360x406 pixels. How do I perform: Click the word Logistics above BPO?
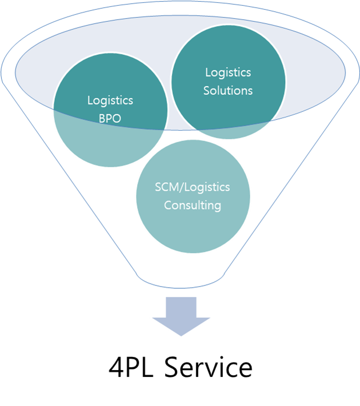click(x=110, y=101)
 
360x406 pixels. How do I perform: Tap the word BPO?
click(x=110, y=119)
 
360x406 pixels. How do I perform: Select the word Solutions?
click(x=228, y=91)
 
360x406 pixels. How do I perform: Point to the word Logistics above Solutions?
click(x=228, y=73)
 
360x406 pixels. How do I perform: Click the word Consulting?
click(x=193, y=206)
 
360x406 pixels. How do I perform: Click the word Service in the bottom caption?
click(x=208, y=367)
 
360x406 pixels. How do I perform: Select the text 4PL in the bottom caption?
click(x=131, y=367)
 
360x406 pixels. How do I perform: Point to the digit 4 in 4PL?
click(x=117, y=367)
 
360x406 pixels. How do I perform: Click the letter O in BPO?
click(x=117, y=119)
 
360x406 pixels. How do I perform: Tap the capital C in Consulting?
click(x=168, y=206)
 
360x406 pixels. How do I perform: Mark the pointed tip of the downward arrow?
click(x=181, y=336)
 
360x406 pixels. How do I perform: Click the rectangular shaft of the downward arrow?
click(x=181, y=307)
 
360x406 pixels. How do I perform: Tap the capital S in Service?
click(x=173, y=367)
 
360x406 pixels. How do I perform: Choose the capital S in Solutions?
click(x=206, y=91)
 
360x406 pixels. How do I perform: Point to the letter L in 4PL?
click(x=147, y=367)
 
